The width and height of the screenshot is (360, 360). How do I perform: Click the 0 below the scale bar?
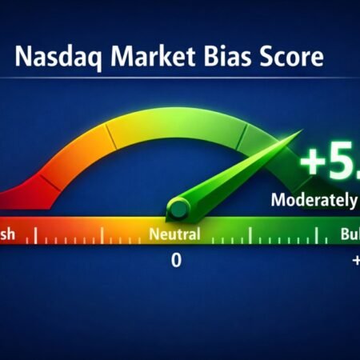176,262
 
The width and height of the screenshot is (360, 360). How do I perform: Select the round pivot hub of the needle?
178,210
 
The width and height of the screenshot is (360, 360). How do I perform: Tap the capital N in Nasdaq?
24,59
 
